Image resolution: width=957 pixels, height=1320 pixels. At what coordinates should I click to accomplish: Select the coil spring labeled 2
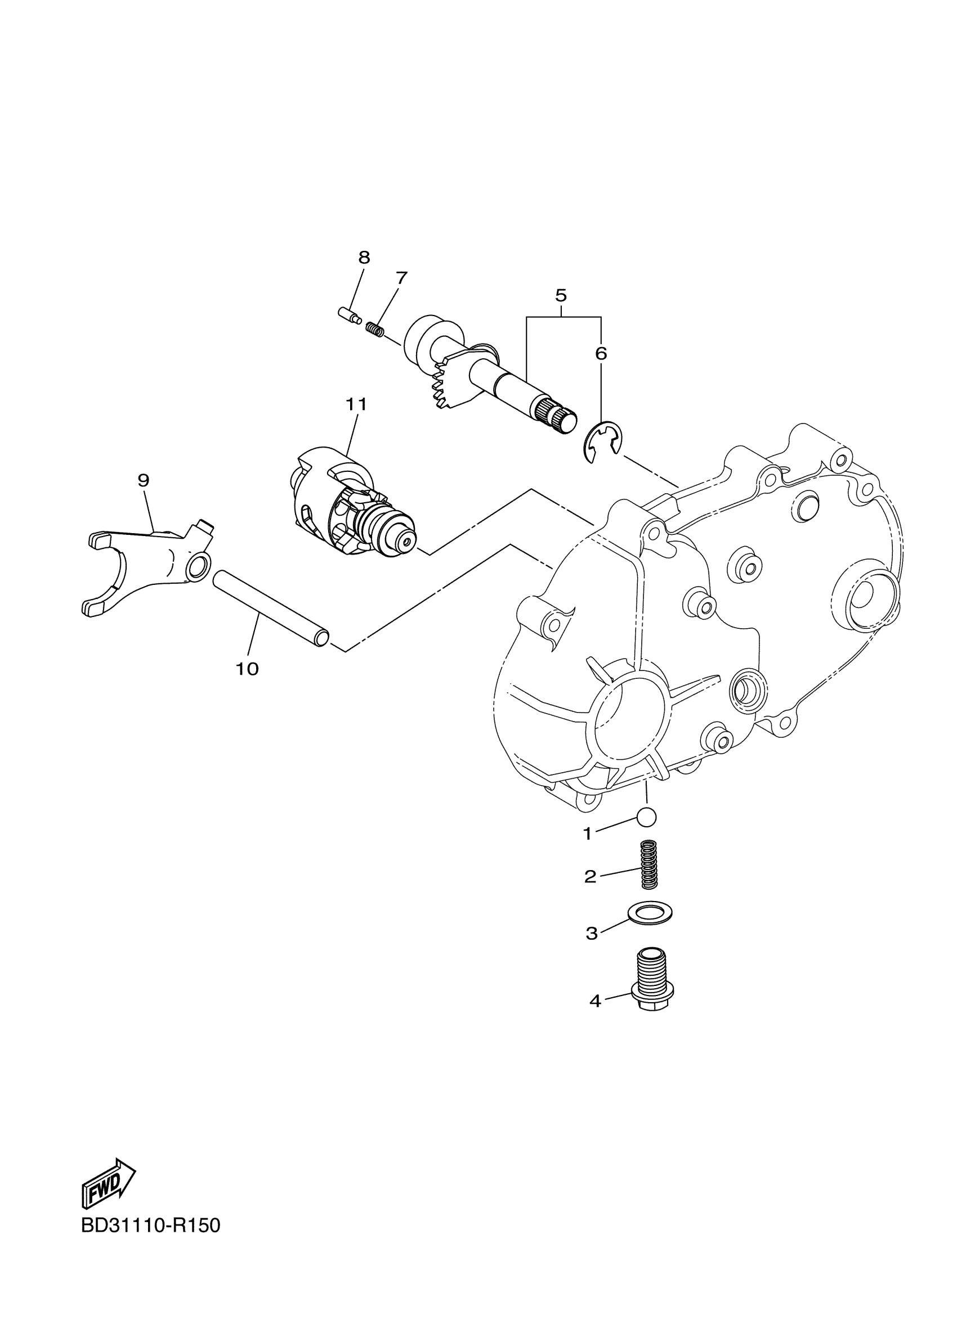pyautogui.click(x=649, y=864)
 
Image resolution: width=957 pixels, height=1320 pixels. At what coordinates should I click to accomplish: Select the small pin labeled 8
pyautogui.click(x=348, y=315)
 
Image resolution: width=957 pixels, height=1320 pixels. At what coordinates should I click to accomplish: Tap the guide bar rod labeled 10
pyautogui.click(x=271, y=609)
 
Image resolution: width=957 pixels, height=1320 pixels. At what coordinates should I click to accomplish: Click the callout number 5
pyautogui.click(x=560, y=295)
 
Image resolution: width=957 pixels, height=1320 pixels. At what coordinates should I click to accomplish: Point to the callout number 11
pyautogui.click(x=356, y=404)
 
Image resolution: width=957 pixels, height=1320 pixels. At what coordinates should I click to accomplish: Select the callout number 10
pyautogui.click(x=247, y=669)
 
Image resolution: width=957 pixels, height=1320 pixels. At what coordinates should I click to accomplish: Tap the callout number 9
pyautogui.click(x=144, y=480)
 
